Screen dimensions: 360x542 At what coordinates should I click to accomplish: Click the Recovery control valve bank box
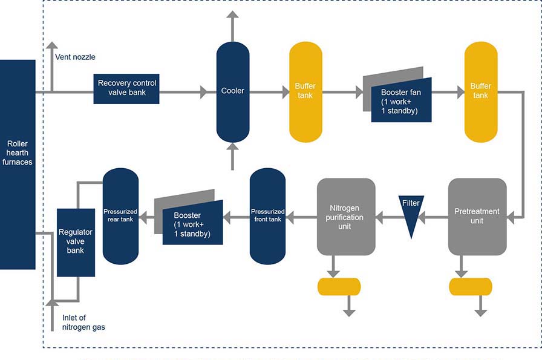point(126,88)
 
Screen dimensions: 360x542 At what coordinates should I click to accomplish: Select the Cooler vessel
point(233,91)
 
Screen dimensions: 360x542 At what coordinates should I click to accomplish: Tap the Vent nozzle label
point(75,57)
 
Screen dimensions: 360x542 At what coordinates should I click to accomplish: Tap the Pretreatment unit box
point(477,217)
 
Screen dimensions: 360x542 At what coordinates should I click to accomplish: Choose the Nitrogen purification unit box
point(346,217)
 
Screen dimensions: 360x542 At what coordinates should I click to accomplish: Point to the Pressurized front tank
point(267,216)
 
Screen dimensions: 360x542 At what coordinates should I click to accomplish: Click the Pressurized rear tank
point(120,216)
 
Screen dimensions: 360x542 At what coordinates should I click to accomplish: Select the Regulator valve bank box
point(76,242)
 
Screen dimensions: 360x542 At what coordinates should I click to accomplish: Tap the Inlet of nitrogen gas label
point(84,322)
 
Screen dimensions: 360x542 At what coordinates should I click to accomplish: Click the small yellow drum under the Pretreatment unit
point(471,287)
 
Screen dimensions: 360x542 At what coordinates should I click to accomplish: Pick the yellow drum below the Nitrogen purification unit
point(339,287)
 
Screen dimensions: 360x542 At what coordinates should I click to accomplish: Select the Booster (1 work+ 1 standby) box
point(192,224)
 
